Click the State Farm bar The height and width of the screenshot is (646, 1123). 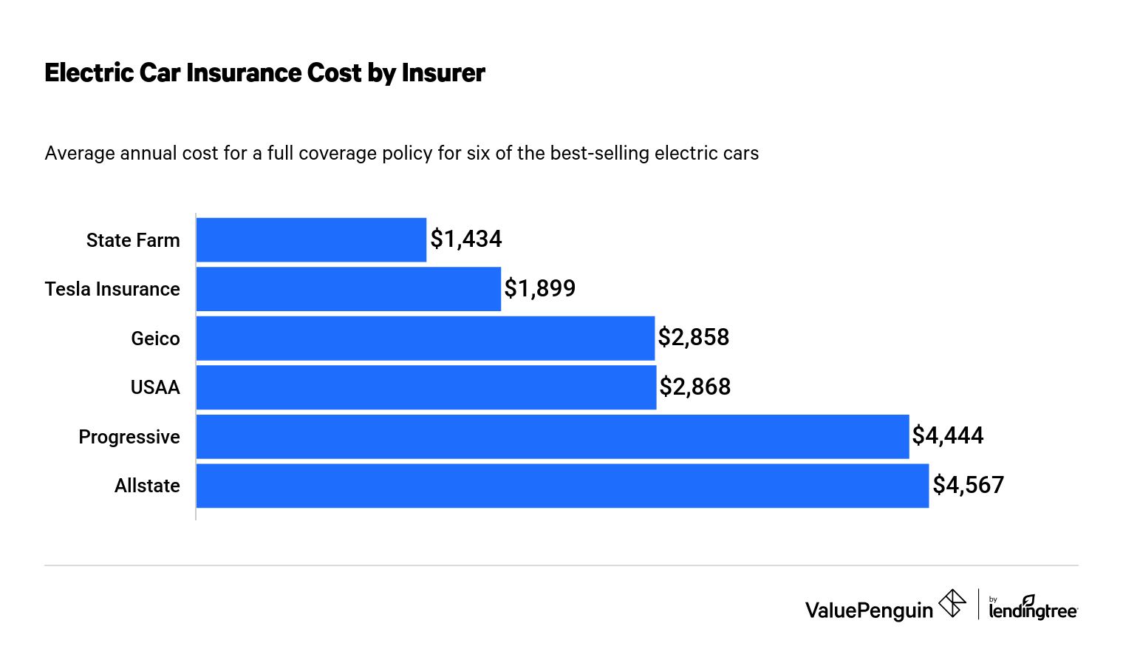click(311, 239)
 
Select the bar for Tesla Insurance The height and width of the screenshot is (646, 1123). click(348, 289)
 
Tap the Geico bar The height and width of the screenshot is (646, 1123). click(425, 338)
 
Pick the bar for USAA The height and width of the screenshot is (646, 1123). click(426, 387)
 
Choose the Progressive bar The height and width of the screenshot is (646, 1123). click(552, 436)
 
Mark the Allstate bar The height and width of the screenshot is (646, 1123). click(561, 486)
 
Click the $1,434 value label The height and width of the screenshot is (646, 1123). click(466, 239)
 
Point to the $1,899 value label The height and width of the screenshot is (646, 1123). click(540, 288)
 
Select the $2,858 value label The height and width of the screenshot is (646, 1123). click(694, 337)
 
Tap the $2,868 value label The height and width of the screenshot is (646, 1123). click(695, 387)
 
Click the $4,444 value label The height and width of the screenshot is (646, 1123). click(948, 435)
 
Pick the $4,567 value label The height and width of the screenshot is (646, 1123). click(969, 485)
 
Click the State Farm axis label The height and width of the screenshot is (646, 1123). click(133, 240)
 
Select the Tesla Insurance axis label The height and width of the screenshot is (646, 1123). click(112, 289)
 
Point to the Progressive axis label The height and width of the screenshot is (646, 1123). click(129, 437)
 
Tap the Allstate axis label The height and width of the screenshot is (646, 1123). click(147, 486)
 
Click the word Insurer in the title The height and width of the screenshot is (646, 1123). click(443, 72)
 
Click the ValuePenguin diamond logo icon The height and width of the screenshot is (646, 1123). click(952, 604)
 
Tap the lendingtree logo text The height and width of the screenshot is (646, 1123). click(1033, 610)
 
